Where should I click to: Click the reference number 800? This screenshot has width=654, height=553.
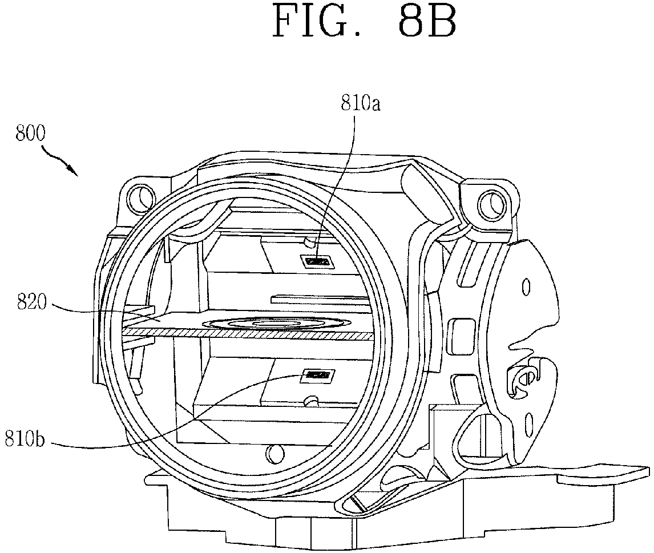coord(30,134)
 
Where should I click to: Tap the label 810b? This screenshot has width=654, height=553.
coord(25,439)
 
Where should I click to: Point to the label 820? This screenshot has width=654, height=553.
coord(32,302)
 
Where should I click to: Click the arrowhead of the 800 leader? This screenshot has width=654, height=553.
coord(74,171)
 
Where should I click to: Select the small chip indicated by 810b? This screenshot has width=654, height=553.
coord(318,376)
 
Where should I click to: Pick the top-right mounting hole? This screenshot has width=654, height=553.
coord(491,202)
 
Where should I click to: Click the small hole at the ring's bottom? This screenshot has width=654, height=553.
coord(273,453)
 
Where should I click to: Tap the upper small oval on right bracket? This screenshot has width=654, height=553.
coord(526,288)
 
